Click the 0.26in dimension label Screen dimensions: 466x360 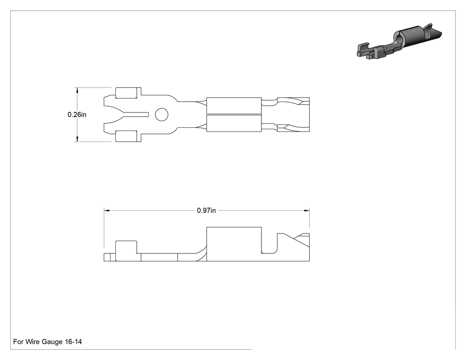(x=77, y=115)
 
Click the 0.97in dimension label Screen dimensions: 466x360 (x=206, y=210)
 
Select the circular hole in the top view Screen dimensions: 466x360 (x=162, y=115)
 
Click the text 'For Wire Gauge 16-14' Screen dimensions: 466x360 (x=47, y=341)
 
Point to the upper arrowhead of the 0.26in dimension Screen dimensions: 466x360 (x=77, y=91)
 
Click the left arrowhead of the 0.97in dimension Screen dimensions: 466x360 (x=107, y=210)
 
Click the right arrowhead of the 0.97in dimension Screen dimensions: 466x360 (x=307, y=210)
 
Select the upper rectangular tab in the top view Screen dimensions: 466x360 (x=126, y=93)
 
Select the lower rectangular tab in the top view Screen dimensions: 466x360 (x=126, y=136)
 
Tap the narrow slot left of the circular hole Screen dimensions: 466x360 (x=135, y=115)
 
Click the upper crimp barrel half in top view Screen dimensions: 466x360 (x=234, y=106)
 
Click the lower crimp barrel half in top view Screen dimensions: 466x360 (x=234, y=123)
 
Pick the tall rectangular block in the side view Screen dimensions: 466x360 (x=234, y=244)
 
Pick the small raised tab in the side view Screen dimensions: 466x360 (x=126, y=251)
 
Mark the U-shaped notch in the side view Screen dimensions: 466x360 (x=269, y=244)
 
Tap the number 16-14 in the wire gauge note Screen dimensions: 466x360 (x=73, y=341)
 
